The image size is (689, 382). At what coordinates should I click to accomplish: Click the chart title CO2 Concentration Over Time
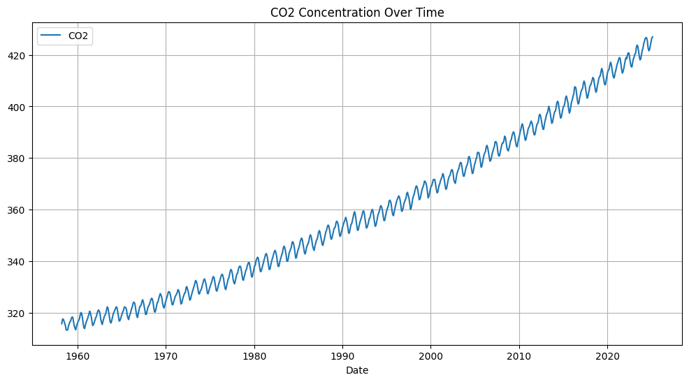(357, 13)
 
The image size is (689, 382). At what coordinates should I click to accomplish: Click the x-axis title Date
(357, 370)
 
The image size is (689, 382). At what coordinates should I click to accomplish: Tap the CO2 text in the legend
(78, 36)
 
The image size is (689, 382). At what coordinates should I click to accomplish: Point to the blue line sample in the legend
(52, 36)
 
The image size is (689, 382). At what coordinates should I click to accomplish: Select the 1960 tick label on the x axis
(78, 356)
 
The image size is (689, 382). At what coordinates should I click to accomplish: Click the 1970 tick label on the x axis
(166, 356)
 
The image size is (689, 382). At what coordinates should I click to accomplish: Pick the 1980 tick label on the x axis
(254, 356)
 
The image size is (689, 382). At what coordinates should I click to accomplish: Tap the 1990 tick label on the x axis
(342, 356)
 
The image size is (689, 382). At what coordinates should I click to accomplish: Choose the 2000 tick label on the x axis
(430, 356)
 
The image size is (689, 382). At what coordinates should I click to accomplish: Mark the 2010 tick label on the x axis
(519, 356)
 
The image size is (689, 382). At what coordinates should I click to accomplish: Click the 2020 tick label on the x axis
(607, 356)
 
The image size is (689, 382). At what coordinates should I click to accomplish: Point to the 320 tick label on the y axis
(17, 314)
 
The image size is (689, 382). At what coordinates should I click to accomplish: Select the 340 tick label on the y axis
(17, 262)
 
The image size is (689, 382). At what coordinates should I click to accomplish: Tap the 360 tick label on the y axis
(17, 210)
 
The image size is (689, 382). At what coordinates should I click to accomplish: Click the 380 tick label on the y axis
(17, 159)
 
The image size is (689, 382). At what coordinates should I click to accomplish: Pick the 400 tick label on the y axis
(17, 107)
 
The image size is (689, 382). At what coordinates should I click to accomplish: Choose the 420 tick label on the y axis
(17, 56)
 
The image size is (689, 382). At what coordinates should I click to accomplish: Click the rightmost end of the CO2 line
(653, 37)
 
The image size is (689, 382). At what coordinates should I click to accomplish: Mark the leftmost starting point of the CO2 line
(61, 323)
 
